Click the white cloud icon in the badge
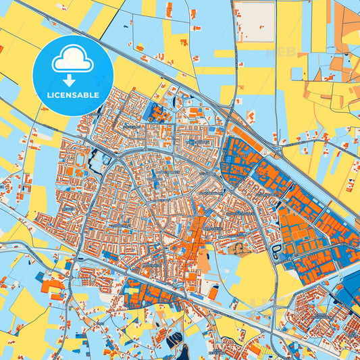(x=73, y=59)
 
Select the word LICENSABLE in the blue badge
(x=73, y=94)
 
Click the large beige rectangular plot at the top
(x=255, y=22)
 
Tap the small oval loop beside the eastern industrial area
(x=276, y=251)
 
